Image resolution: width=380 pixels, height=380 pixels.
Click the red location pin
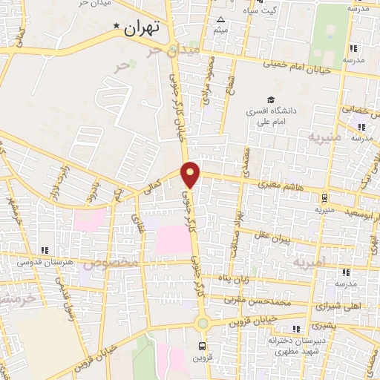point(191,174)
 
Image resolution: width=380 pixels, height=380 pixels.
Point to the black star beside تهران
point(115,27)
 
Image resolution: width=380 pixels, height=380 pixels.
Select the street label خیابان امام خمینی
point(303,67)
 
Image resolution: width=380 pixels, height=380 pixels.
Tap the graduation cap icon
point(272,99)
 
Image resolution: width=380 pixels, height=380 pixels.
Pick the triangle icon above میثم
point(220,20)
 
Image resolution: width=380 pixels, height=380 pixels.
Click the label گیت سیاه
point(263,9)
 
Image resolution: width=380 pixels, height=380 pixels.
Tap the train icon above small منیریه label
point(324,198)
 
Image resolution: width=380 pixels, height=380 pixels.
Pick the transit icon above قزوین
point(203,346)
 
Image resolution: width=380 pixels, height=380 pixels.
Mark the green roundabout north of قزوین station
point(203,322)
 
